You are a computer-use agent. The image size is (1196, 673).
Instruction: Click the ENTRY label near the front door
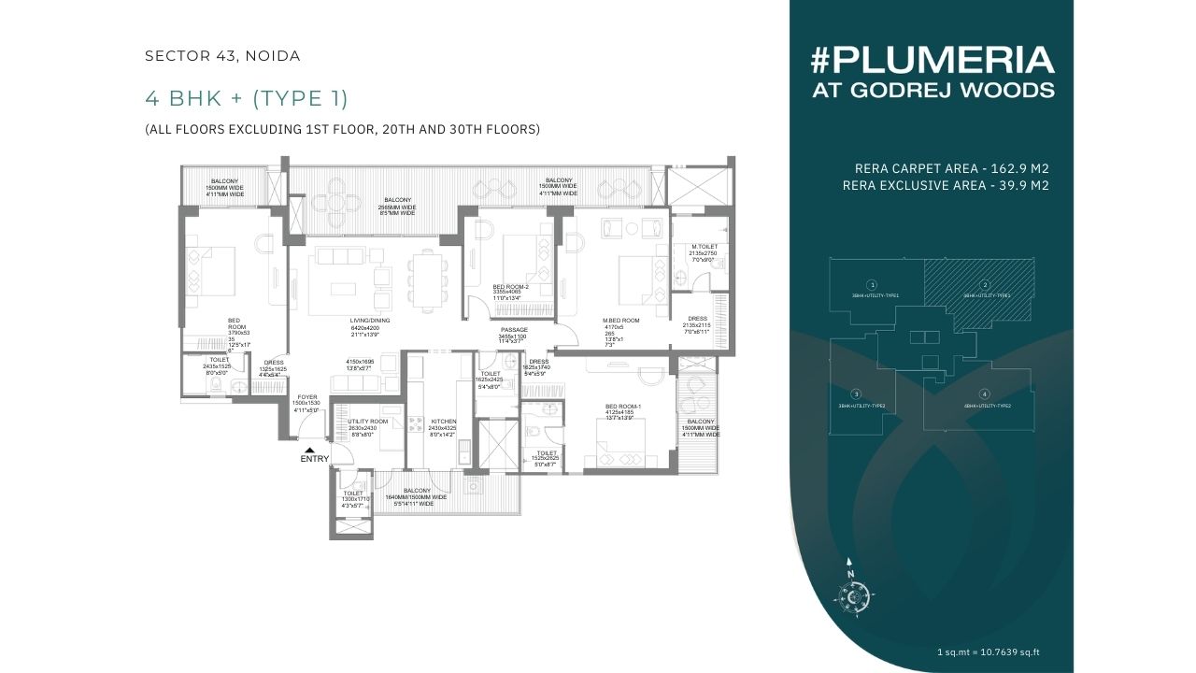click(x=315, y=459)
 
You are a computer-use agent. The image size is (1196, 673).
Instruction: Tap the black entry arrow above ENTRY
click(x=309, y=450)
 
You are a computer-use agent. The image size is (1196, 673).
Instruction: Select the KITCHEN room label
click(x=443, y=422)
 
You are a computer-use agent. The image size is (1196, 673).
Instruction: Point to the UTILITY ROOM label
click(x=367, y=422)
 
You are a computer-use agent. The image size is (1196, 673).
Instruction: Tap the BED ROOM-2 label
click(x=511, y=288)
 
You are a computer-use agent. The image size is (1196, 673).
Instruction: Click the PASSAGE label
click(x=514, y=330)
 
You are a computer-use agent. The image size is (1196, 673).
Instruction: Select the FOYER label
click(x=307, y=397)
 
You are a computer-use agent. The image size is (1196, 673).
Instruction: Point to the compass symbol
click(x=850, y=593)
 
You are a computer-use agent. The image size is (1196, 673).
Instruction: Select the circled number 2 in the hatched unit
click(x=984, y=284)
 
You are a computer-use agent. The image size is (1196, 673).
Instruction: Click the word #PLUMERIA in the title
click(x=933, y=61)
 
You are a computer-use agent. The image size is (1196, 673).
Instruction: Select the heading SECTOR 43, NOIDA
click(x=222, y=56)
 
